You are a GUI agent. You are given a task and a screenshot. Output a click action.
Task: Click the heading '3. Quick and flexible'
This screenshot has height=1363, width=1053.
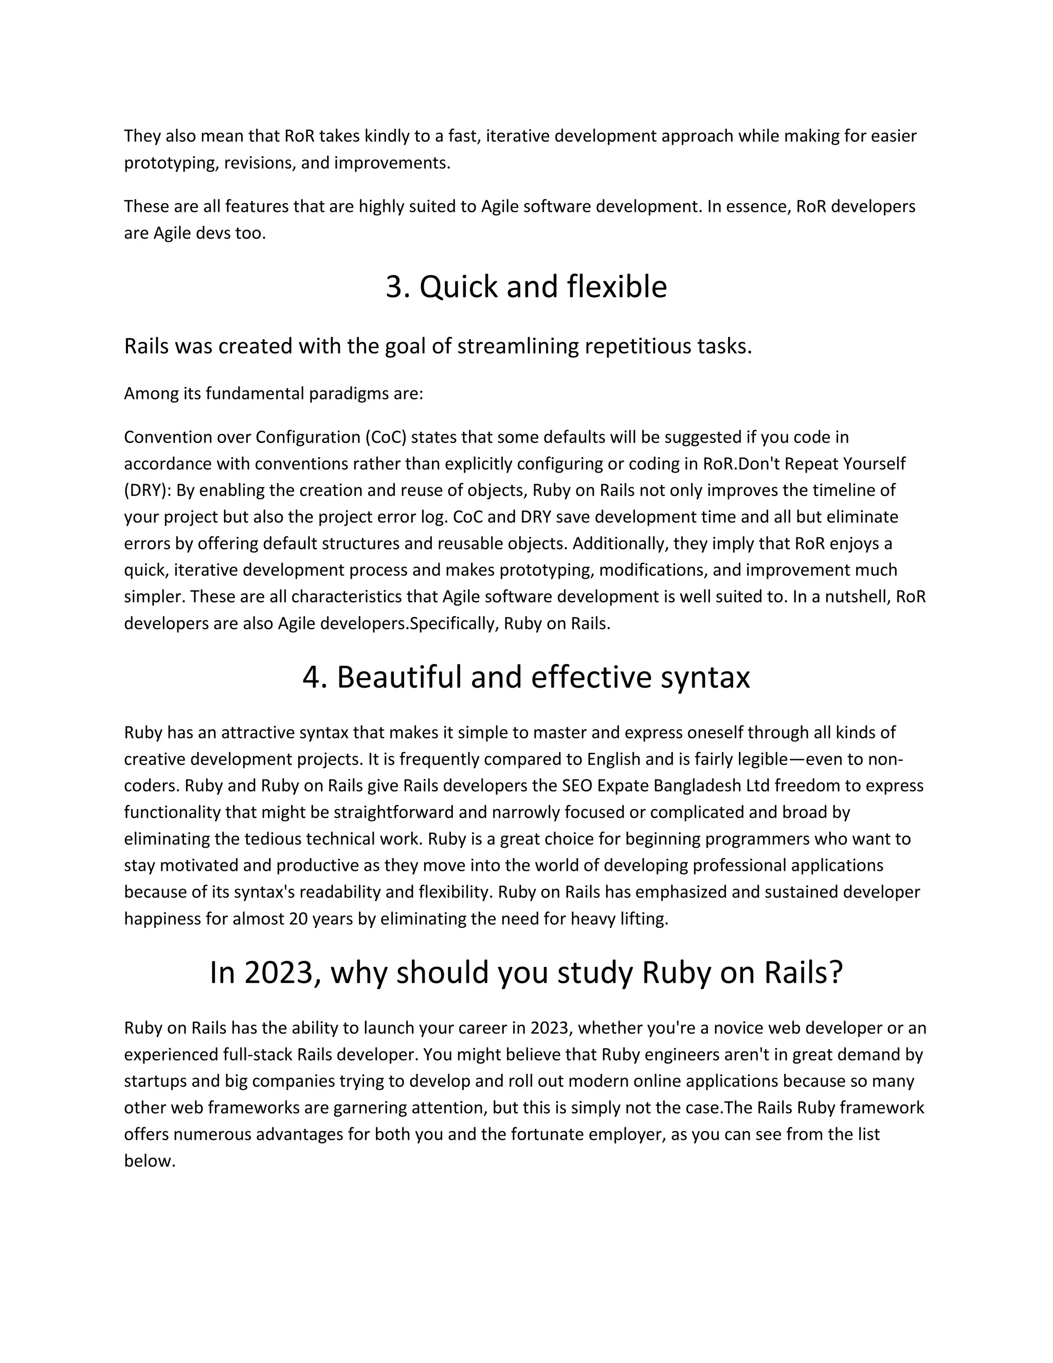point(526,287)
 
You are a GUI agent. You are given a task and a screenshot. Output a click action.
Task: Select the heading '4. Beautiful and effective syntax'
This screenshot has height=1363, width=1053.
point(526,677)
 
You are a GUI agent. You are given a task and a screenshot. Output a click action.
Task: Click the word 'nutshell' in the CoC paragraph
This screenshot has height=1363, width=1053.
point(858,597)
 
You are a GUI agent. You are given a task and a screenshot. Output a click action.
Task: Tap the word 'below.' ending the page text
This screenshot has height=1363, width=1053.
point(150,1161)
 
